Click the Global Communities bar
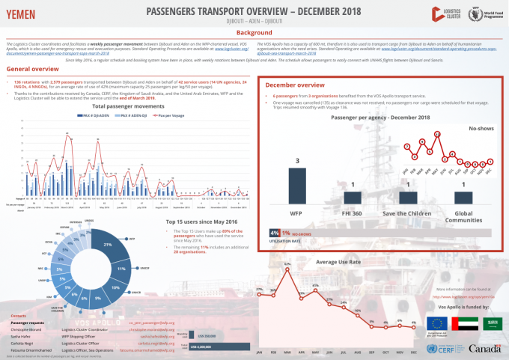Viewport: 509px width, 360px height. (x=464, y=196)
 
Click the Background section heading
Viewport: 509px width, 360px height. (x=254, y=33)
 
